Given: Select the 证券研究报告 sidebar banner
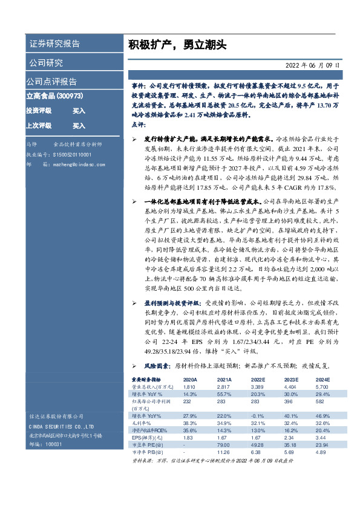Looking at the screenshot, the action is pyautogui.click(x=54, y=45).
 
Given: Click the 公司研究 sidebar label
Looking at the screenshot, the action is pyautogui.click(x=45, y=63).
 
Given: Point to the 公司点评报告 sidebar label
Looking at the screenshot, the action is pyautogui.click(x=51, y=81).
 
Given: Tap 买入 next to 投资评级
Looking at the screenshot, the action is pyautogui.click(x=79, y=111).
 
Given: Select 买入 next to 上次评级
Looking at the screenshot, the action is pyautogui.click(x=79, y=126).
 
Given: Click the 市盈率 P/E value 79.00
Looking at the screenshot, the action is pyautogui.click(x=208, y=444).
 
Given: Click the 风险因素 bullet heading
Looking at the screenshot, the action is pyautogui.click(x=159, y=366).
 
